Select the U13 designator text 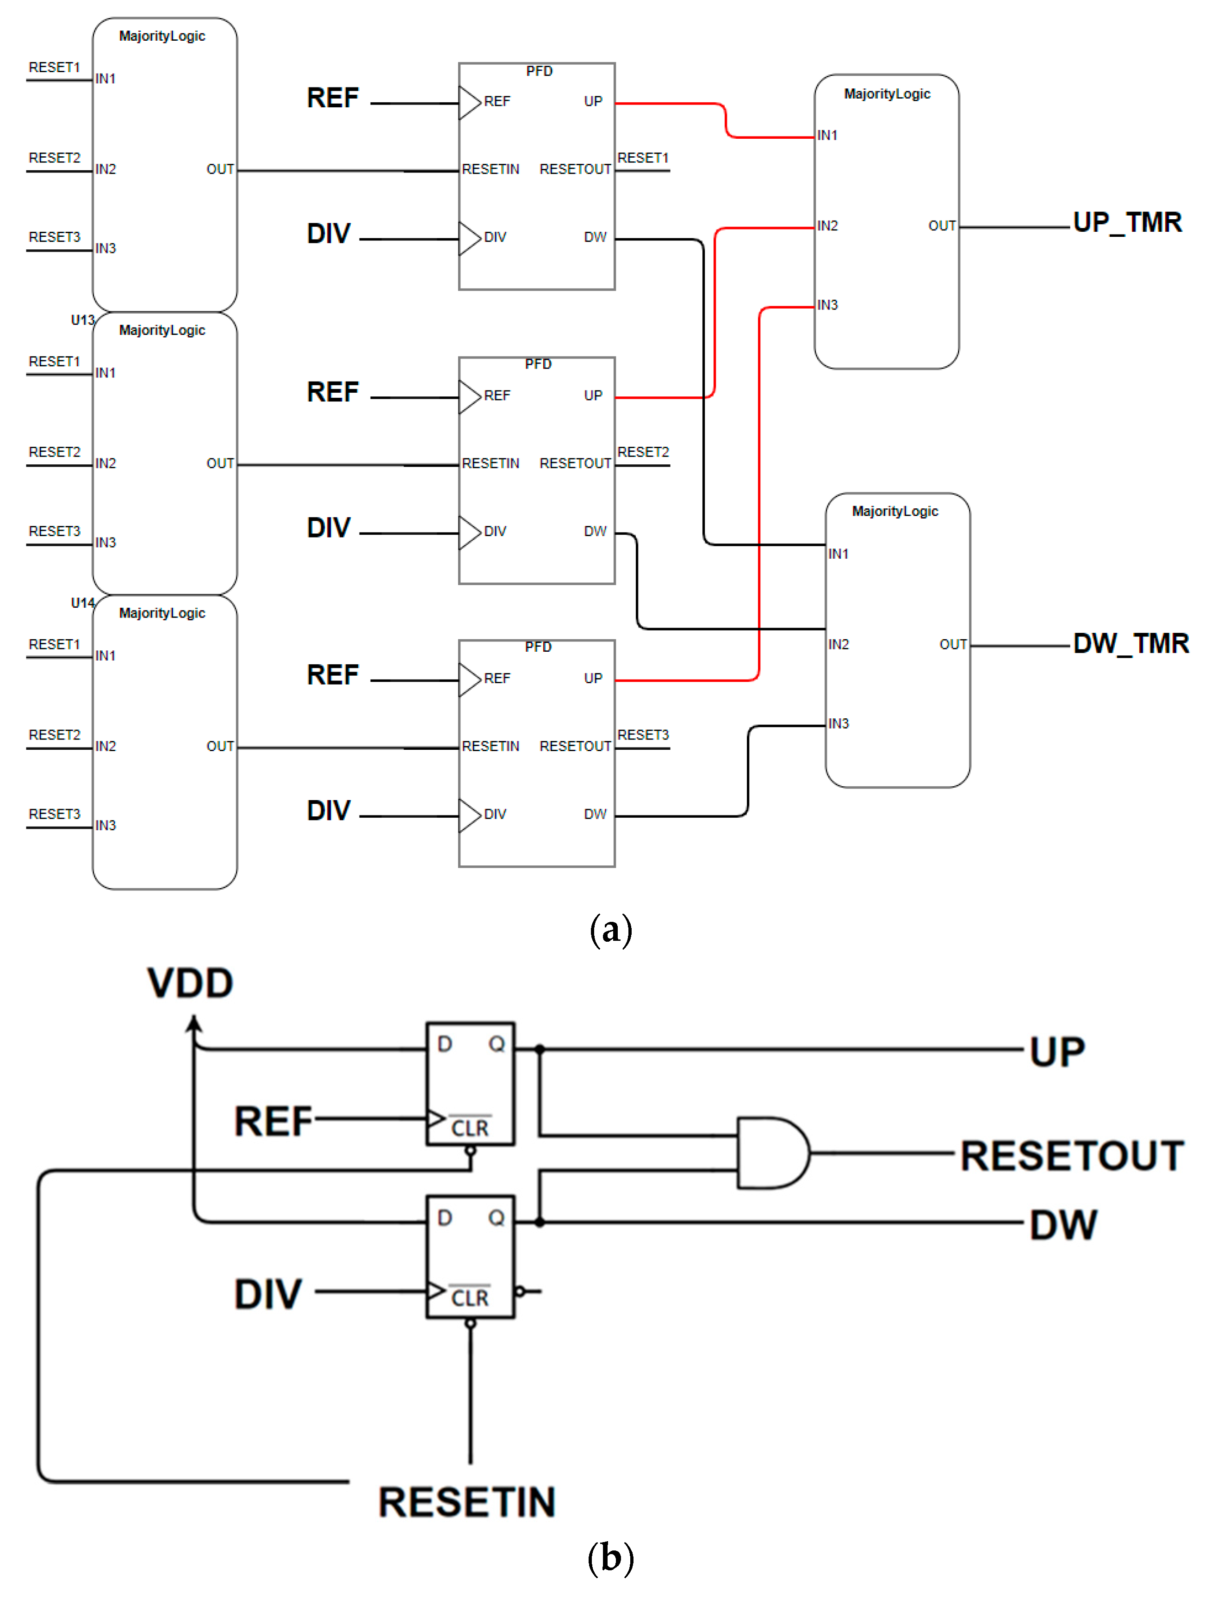[82, 320]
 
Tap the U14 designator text [82, 602]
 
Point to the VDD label [190, 983]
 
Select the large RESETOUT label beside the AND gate [1071, 1155]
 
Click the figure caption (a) [611, 930]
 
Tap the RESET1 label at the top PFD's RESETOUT [643, 158]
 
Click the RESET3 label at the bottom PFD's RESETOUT [643, 735]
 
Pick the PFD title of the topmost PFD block [539, 71]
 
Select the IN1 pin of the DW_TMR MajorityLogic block [838, 554]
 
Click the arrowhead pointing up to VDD [193, 1022]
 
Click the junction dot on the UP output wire [540, 1049]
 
